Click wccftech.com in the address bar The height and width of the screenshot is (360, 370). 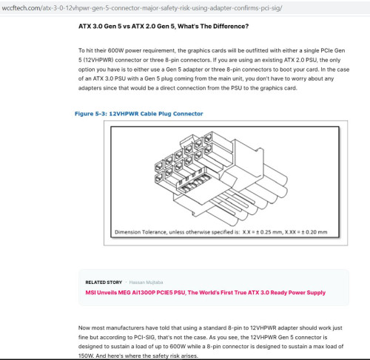[21, 8]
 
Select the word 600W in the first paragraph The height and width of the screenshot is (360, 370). [115, 50]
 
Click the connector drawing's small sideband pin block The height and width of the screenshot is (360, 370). [194, 181]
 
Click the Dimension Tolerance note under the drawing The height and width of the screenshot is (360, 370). [221, 232]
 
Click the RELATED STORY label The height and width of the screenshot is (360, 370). [104, 282]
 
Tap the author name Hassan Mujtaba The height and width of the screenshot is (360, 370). [146, 282]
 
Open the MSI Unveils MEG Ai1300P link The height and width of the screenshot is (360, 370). [206, 293]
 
